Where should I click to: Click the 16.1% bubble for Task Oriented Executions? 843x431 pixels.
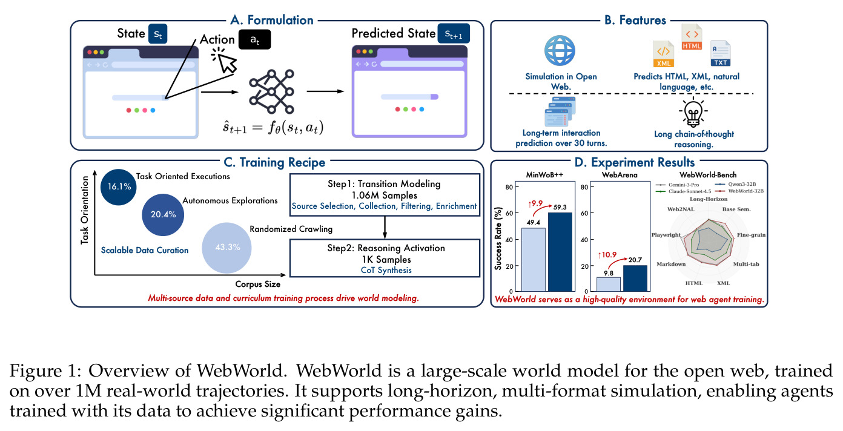tap(119, 187)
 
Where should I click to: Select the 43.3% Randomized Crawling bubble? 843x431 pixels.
tap(226, 248)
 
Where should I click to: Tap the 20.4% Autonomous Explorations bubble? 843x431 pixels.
tap(163, 215)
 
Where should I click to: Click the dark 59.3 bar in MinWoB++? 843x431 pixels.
tap(560, 252)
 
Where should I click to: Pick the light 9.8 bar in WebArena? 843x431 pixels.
tap(609, 285)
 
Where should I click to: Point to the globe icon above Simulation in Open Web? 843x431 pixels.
tap(560, 50)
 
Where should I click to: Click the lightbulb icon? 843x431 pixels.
tap(693, 112)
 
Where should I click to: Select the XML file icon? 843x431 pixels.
tap(664, 54)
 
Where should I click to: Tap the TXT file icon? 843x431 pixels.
tap(720, 53)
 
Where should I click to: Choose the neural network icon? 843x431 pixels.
tap(271, 91)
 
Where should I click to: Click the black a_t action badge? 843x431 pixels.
tap(255, 39)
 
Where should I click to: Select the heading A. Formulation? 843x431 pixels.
tap(272, 20)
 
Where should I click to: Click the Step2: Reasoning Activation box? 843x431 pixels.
tap(385, 258)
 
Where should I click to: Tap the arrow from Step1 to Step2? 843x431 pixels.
tap(385, 228)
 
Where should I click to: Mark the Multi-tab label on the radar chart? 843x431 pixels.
tap(746, 264)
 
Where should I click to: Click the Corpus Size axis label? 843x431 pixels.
tap(258, 285)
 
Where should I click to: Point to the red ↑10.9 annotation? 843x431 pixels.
tap(607, 255)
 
